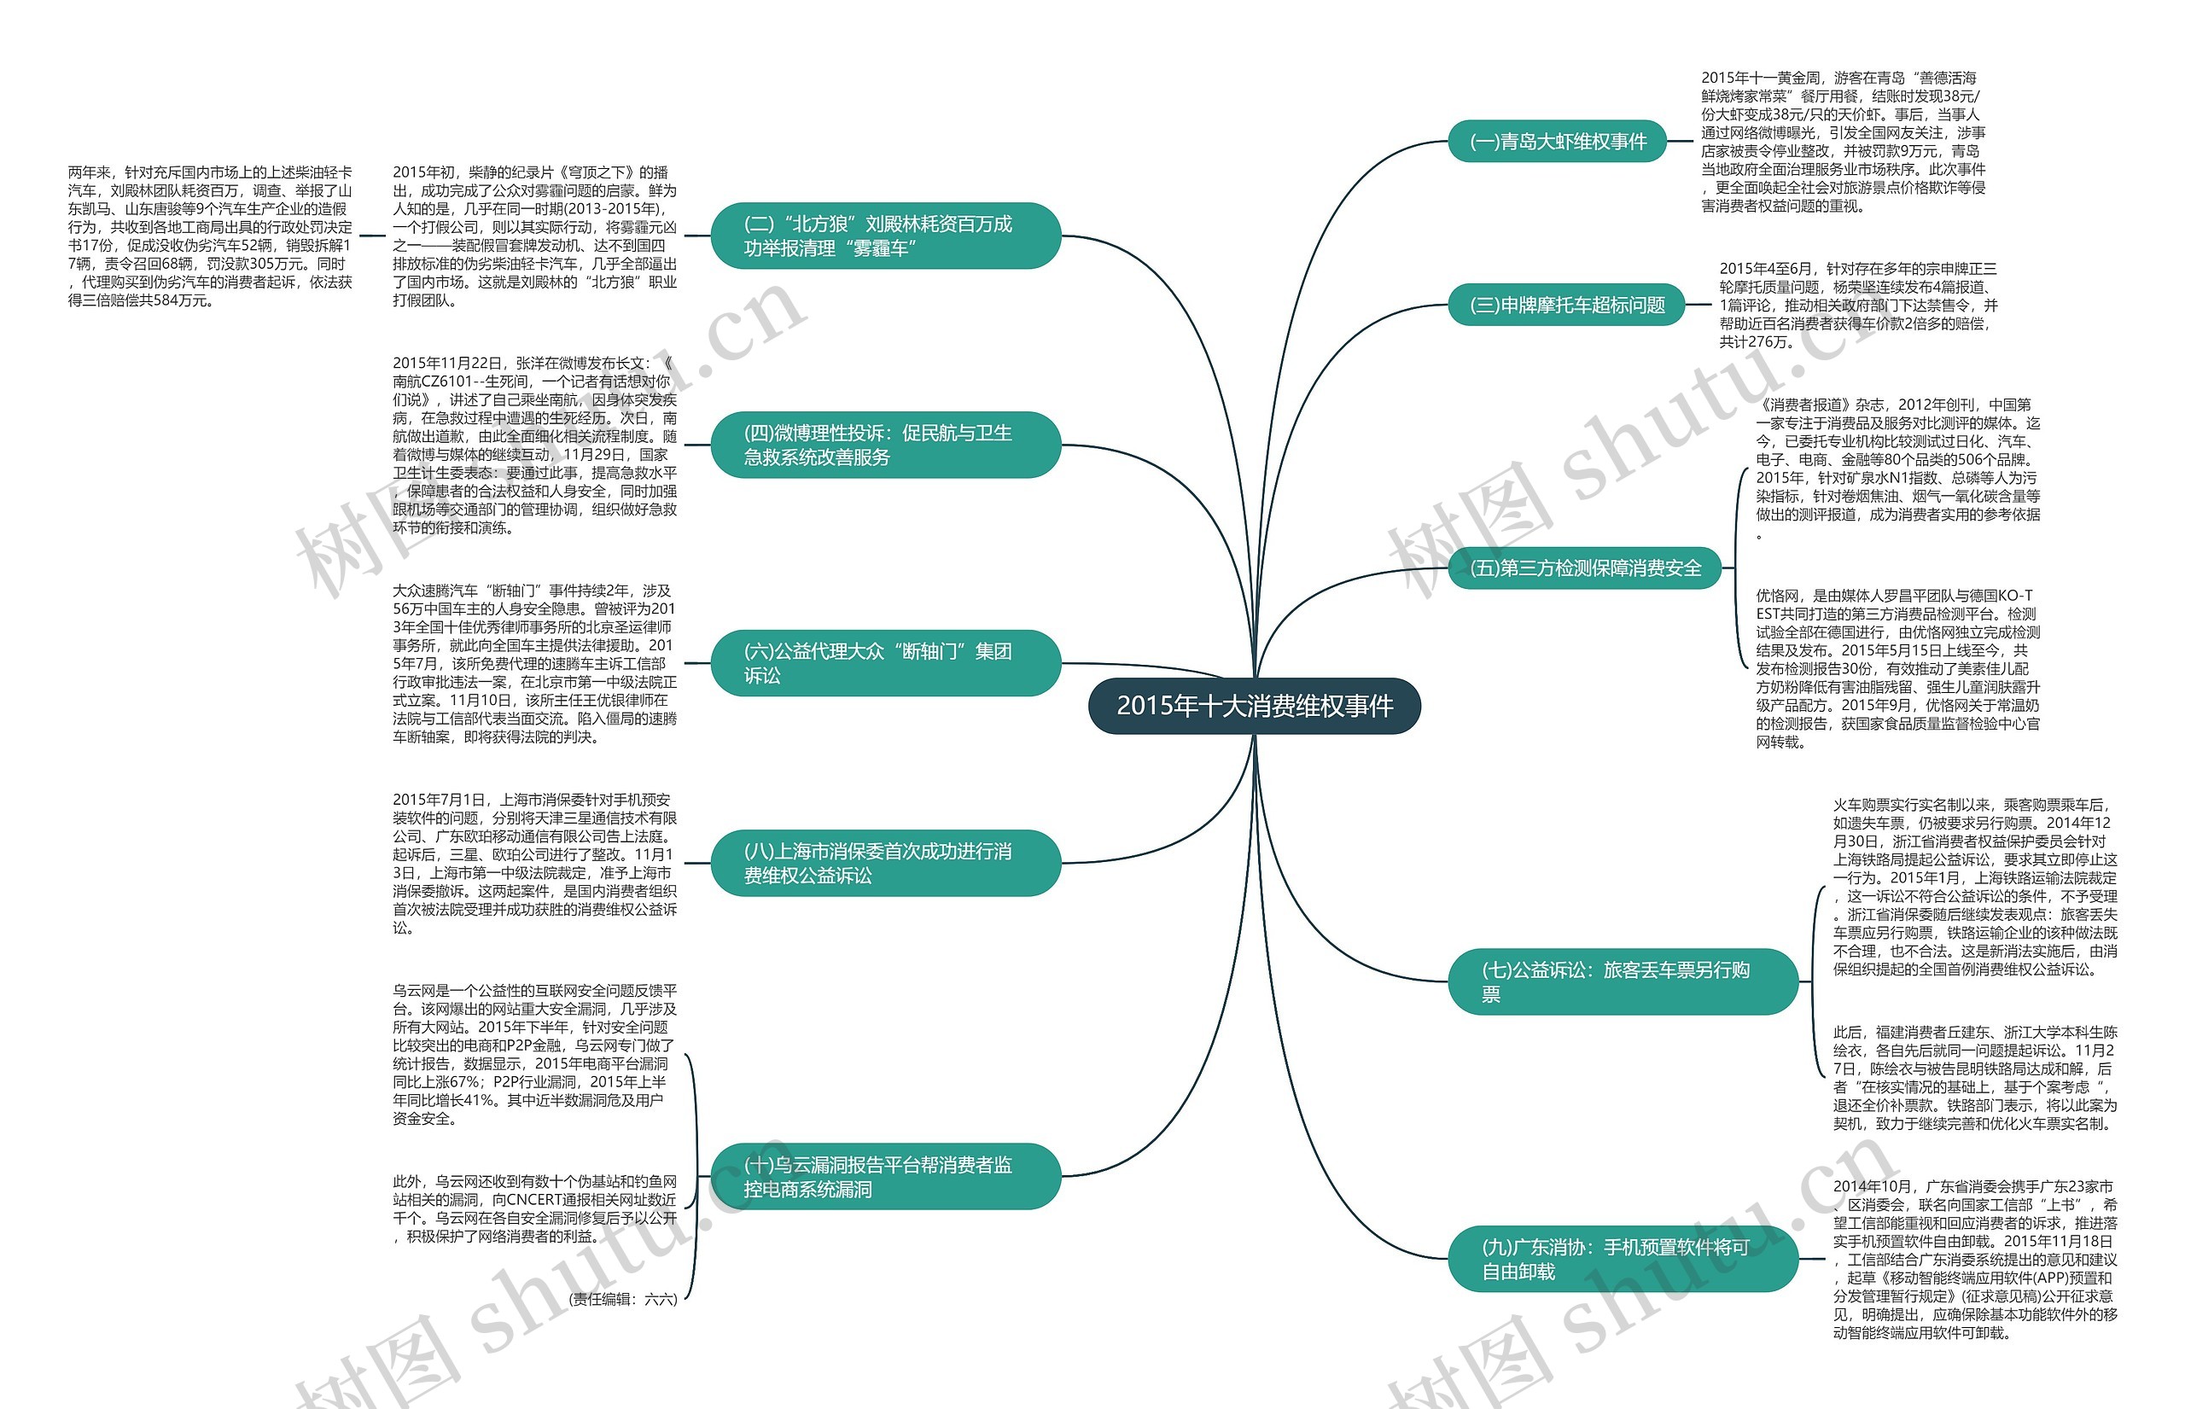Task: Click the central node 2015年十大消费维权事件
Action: point(1254,706)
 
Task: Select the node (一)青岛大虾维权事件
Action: point(1557,142)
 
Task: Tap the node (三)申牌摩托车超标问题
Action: point(1565,306)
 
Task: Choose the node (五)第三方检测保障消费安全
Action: point(1584,568)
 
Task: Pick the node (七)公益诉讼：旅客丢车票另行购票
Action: point(1623,981)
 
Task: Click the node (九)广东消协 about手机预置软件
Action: point(1623,1259)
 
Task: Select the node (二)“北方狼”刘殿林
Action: point(885,236)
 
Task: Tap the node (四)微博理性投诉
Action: point(885,445)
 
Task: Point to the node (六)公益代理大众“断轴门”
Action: point(885,663)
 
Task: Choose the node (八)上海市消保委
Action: point(885,863)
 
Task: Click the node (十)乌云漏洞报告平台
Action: point(885,1177)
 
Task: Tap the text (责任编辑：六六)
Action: point(623,1298)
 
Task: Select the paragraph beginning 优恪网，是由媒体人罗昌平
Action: point(1897,668)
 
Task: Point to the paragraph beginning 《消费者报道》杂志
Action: point(1897,468)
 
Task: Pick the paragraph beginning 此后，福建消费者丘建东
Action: point(1974,1077)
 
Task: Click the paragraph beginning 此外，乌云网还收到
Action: point(534,1208)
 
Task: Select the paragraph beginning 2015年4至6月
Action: point(1857,305)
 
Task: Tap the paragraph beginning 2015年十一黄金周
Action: point(1842,142)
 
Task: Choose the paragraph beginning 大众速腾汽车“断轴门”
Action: point(534,663)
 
